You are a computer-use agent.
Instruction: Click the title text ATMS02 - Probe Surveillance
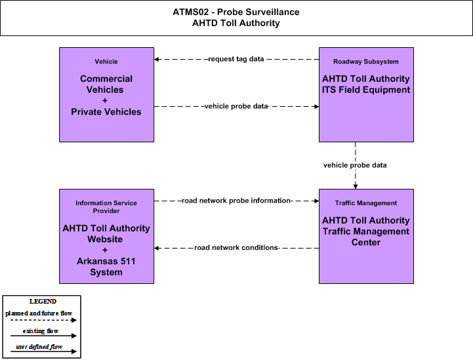[236, 12]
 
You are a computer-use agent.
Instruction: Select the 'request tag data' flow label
[236, 59]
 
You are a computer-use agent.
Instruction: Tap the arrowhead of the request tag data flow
[157, 60]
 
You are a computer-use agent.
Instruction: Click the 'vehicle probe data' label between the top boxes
[236, 106]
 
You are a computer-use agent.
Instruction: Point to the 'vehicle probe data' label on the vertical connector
[355, 165]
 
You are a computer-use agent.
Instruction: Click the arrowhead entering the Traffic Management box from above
[356, 187]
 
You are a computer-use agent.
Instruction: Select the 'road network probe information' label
[236, 201]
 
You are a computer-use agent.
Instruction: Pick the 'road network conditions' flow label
[236, 248]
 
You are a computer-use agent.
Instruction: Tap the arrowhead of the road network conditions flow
[157, 248]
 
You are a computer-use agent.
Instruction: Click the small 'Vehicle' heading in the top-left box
[106, 62]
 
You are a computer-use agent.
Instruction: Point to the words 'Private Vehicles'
[106, 112]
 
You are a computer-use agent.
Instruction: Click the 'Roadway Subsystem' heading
[366, 62]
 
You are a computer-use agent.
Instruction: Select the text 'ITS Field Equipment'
[366, 90]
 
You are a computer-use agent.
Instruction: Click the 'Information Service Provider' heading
[106, 207]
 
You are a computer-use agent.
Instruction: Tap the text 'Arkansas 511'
[106, 261]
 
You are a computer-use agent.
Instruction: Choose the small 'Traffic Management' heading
[366, 203]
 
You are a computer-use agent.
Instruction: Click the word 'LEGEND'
[43, 302]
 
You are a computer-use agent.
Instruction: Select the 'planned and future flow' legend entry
[39, 313]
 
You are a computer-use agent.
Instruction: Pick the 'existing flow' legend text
[41, 331]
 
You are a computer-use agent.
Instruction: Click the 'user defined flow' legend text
[39, 347]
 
